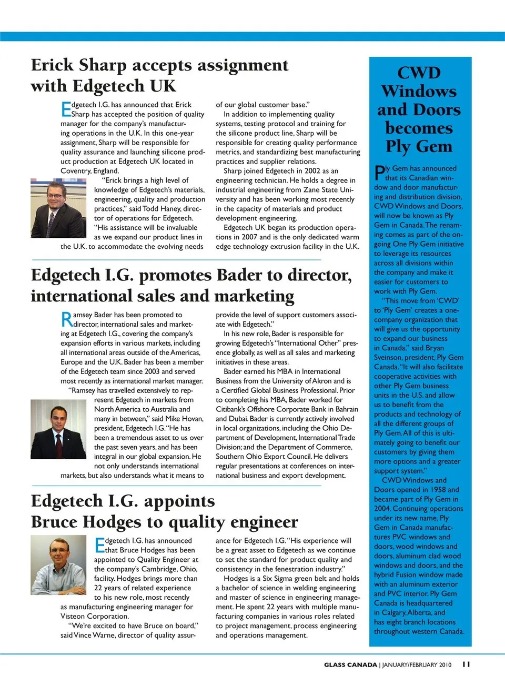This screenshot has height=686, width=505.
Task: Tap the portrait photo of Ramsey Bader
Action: coord(58,429)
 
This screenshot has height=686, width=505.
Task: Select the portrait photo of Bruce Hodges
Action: coord(58,564)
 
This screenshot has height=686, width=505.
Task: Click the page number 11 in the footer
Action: coord(466,664)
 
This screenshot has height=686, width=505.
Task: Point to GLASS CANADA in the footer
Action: coord(350,665)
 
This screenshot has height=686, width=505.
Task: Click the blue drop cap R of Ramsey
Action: coord(67,319)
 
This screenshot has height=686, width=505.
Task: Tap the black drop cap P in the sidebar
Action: coord(379,173)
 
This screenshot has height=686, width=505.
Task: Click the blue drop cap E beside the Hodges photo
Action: coord(100,545)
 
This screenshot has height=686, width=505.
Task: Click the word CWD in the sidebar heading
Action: coord(419,73)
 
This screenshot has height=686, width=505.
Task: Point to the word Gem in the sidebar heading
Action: coord(434,146)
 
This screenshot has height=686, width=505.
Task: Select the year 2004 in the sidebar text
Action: coord(382,509)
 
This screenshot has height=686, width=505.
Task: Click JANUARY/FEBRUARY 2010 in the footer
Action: coord(417,665)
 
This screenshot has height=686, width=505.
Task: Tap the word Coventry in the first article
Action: coord(75,171)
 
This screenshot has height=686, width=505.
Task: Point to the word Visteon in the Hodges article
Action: coord(73,617)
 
